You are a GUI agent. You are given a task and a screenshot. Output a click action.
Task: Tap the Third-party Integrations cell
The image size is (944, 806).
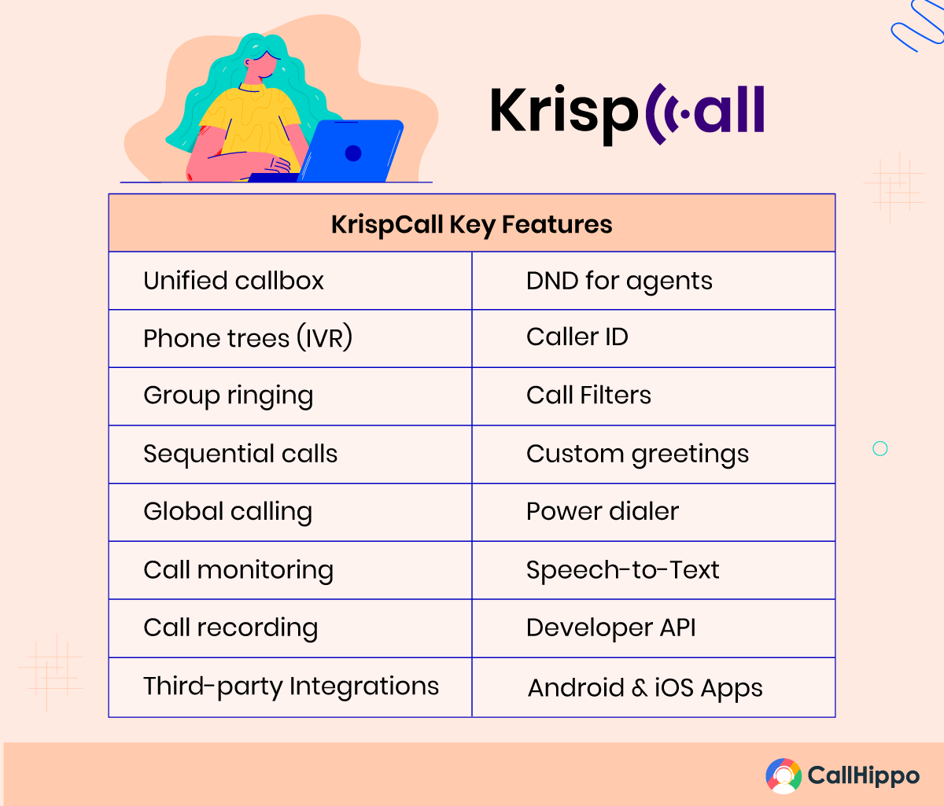pos(291,687)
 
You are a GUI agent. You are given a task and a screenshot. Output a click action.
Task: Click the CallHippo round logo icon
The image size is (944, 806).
pos(784,775)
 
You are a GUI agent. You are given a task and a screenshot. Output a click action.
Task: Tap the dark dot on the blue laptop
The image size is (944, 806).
pos(353,153)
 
